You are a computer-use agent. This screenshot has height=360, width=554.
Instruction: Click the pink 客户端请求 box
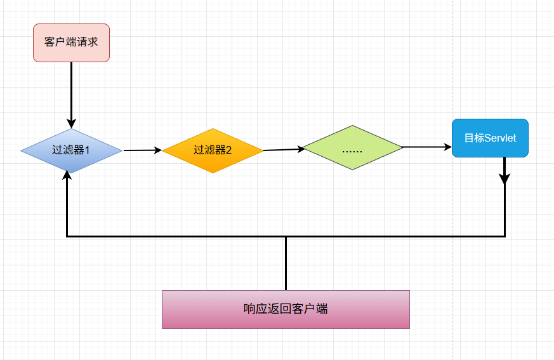[x=71, y=43]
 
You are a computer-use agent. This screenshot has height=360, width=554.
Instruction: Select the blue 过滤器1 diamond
[x=71, y=150]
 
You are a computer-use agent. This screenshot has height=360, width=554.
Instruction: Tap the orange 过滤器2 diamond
[x=213, y=150]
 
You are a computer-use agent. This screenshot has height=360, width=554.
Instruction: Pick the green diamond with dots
[x=352, y=147]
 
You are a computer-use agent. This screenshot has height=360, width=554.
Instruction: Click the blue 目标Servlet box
[x=490, y=138]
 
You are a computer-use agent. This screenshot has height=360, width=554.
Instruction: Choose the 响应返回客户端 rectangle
[x=286, y=309]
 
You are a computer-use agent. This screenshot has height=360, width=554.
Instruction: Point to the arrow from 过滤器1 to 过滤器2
[x=142, y=150]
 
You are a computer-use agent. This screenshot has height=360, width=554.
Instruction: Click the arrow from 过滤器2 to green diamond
[x=282, y=150]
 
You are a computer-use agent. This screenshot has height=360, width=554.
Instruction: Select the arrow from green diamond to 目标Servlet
[x=426, y=147]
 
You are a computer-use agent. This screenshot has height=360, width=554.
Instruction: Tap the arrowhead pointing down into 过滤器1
[x=72, y=123]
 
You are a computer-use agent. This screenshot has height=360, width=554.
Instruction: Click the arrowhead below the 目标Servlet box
[x=505, y=178]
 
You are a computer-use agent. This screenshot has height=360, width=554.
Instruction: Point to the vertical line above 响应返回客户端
[x=286, y=263]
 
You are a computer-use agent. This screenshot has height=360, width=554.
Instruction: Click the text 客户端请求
[x=71, y=43]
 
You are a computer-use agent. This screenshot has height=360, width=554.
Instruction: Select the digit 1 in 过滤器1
[x=87, y=150]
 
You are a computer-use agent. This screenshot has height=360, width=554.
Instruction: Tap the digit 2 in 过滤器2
[x=228, y=150]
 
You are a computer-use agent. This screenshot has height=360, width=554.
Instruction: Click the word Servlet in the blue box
[x=500, y=138]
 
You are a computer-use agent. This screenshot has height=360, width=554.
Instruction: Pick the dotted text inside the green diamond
[x=352, y=151]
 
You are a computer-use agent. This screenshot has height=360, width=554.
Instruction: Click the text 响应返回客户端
[x=286, y=309]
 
